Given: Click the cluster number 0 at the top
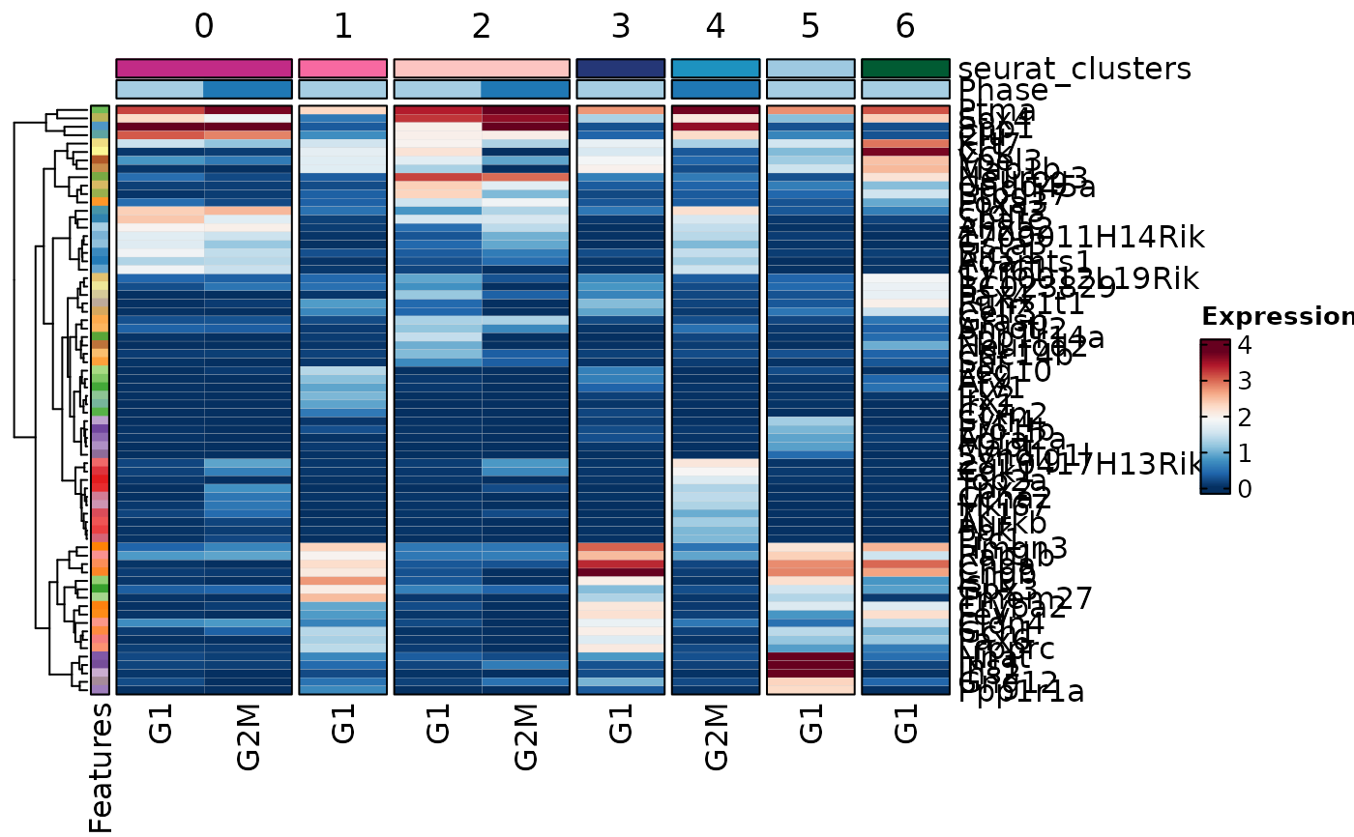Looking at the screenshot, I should (203, 27).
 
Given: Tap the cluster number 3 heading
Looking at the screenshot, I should (620, 27).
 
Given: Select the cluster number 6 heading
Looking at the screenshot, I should (905, 27).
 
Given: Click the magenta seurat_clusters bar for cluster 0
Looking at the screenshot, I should (203, 69).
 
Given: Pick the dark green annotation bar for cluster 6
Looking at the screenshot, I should (905, 69).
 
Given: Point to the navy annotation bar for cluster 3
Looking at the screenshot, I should (620, 69).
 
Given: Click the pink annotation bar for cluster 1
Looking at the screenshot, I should (343, 69).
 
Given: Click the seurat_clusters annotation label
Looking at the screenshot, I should (1074, 70).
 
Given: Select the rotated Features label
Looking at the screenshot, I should (101, 766).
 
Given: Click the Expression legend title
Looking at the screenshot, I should (1277, 317).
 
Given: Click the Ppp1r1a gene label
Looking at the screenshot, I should (1021, 691).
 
